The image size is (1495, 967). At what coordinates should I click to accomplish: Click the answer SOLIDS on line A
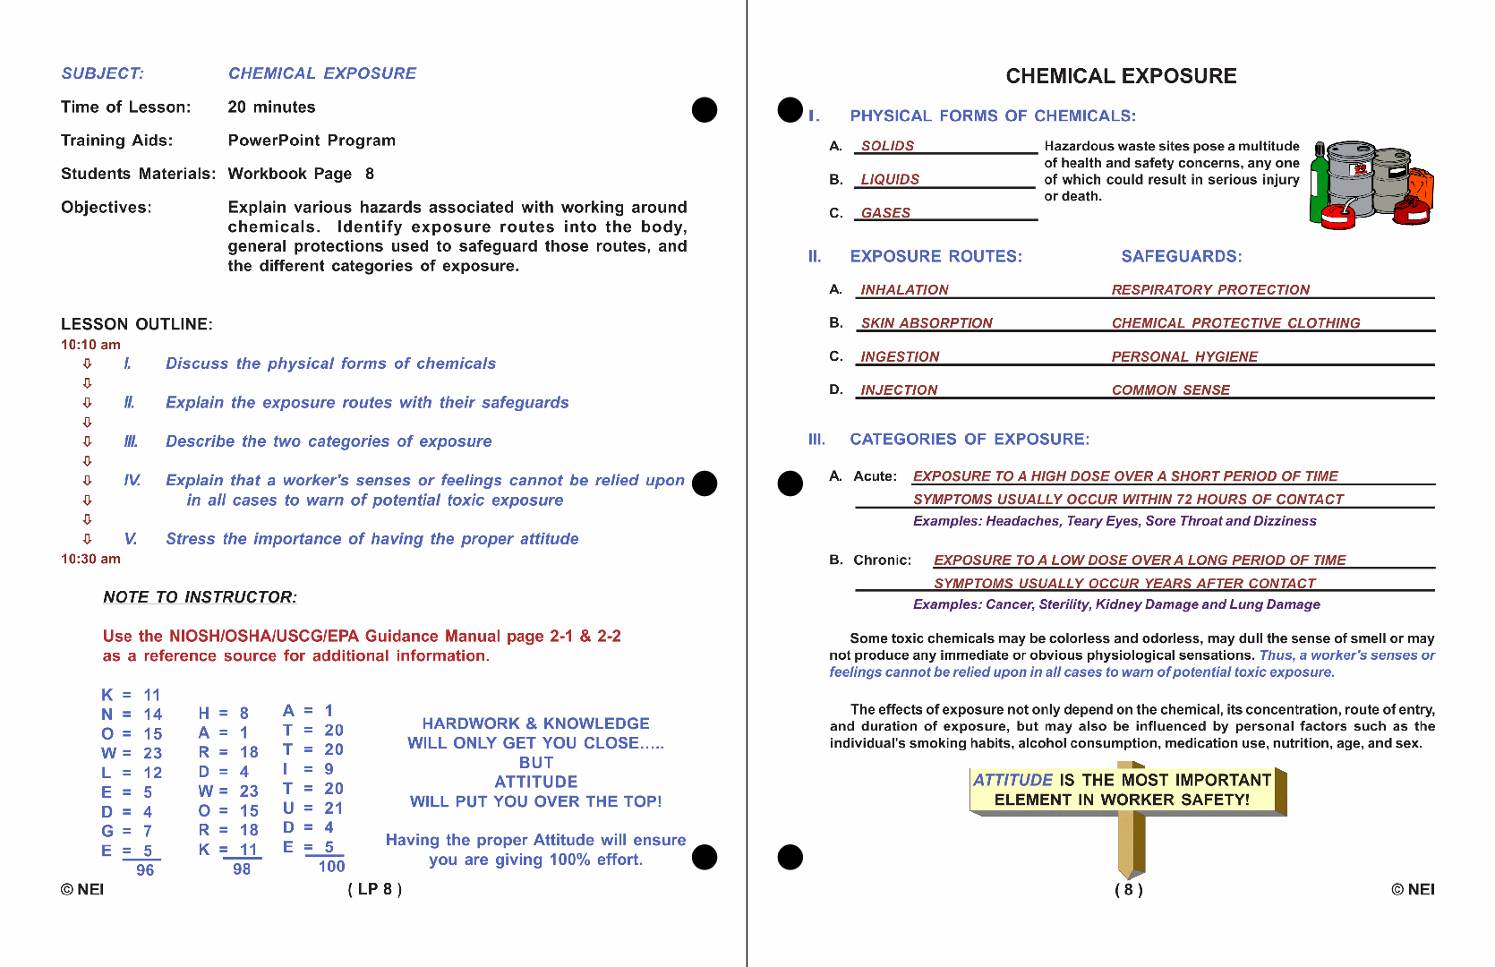point(887,146)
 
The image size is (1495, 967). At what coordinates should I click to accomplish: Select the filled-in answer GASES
point(885,213)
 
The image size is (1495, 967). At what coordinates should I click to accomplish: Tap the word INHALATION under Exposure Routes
point(904,290)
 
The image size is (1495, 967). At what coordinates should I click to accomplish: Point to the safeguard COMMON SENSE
point(1170,390)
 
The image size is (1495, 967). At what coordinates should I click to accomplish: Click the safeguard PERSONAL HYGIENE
point(1184,356)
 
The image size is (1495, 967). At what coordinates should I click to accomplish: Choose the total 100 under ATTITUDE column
point(331,867)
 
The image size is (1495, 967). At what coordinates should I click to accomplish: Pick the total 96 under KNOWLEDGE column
point(145,870)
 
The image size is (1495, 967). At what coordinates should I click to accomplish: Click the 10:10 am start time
point(90,345)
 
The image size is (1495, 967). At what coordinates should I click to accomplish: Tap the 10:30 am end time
point(90,559)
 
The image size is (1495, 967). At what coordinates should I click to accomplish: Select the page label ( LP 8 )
point(374,889)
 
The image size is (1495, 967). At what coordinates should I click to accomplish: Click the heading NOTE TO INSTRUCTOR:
point(200,597)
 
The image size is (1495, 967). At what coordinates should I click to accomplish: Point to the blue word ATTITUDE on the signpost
point(1012,780)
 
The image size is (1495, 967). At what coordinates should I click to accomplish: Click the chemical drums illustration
point(1371,183)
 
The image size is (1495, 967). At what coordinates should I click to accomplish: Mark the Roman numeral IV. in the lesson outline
point(132,481)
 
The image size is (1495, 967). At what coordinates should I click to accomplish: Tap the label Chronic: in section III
point(882,561)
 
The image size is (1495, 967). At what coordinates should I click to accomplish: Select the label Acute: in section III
point(875,476)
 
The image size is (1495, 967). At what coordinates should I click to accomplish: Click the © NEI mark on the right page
point(1413,889)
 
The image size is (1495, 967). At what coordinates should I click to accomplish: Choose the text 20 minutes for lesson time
point(271,107)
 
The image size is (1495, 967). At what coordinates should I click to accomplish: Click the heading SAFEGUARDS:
point(1181,257)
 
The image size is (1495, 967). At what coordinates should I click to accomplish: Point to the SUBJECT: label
point(102,73)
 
